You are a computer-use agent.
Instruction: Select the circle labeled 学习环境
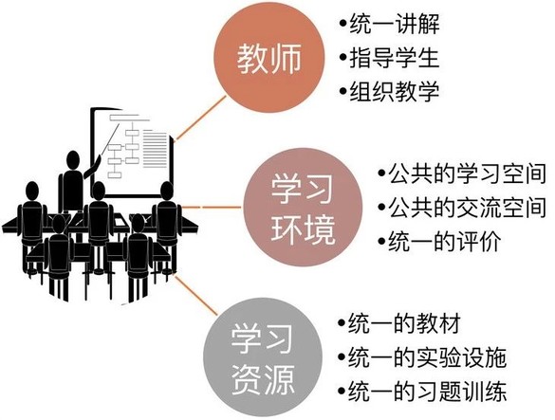tap(303, 207)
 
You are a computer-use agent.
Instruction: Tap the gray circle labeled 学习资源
tap(263, 357)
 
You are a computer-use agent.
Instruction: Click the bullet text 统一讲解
tap(395, 24)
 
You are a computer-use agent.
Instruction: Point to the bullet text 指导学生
tap(395, 58)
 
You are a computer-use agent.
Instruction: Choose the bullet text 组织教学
tap(395, 91)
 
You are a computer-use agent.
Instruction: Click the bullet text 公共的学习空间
tap(467, 173)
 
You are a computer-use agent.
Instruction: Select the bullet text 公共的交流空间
tap(467, 207)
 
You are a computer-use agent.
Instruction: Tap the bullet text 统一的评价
tap(445, 241)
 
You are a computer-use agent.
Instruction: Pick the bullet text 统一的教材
tap(404, 323)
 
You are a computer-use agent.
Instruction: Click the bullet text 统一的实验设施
tap(427, 357)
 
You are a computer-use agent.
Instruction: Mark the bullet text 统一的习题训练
tap(427, 391)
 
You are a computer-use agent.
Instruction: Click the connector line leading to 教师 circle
tap(201, 118)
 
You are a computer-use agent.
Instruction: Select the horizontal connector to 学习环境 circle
tap(212, 207)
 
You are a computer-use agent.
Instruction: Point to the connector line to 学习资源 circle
tap(195, 296)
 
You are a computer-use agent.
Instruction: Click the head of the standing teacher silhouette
tap(73, 160)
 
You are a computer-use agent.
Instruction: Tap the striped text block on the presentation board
tap(156, 149)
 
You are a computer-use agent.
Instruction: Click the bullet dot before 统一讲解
tap(342, 24)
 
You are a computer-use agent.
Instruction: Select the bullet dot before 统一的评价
tap(381, 241)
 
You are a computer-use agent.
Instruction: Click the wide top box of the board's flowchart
tap(130, 118)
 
